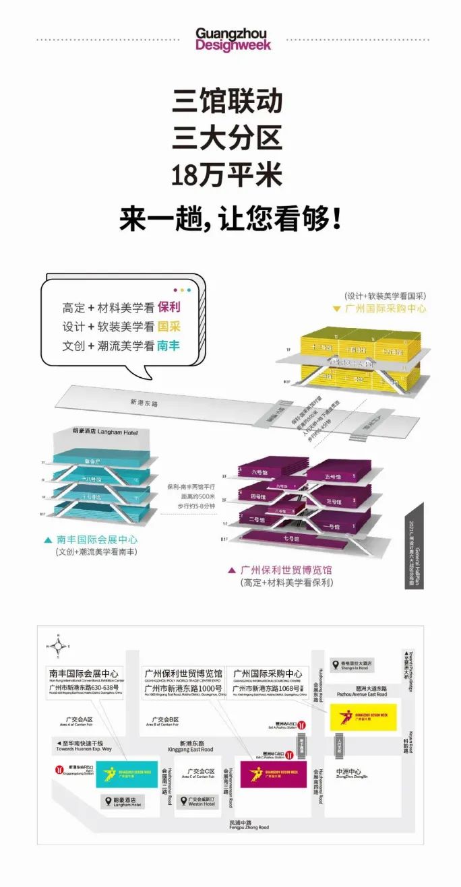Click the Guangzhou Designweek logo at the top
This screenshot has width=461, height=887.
click(233, 39)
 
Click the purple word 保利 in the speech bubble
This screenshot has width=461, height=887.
click(168, 307)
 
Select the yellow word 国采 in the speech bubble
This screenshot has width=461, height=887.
click(168, 327)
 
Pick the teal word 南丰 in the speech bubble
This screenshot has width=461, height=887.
click(168, 346)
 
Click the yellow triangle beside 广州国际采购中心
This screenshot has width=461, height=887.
click(336, 308)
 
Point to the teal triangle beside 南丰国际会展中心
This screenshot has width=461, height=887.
click(48, 540)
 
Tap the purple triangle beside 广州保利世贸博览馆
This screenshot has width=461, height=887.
click(231, 570)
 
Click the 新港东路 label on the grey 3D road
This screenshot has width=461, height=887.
click(144, 403)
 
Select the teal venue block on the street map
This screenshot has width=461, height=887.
click(127, 775)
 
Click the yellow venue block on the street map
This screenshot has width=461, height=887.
click(363, 715)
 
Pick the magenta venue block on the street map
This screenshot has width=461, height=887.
click(273, 774)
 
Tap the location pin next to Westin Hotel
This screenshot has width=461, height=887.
click(185, 801)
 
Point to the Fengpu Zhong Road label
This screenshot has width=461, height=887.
click(249, 824)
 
